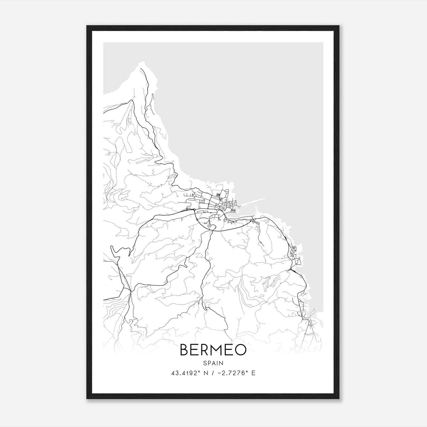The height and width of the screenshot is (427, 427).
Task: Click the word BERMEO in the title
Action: click(213, 350)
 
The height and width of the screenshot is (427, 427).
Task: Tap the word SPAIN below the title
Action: click(213, 363)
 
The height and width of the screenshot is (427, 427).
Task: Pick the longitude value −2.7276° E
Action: click(236, 373)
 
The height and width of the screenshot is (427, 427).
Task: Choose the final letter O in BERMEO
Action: click(240, 350)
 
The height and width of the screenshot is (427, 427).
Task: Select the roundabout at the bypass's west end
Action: click(194, 209)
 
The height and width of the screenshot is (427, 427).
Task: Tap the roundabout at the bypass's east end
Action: click(251, 220)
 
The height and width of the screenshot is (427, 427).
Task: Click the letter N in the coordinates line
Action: click(205, 373)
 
